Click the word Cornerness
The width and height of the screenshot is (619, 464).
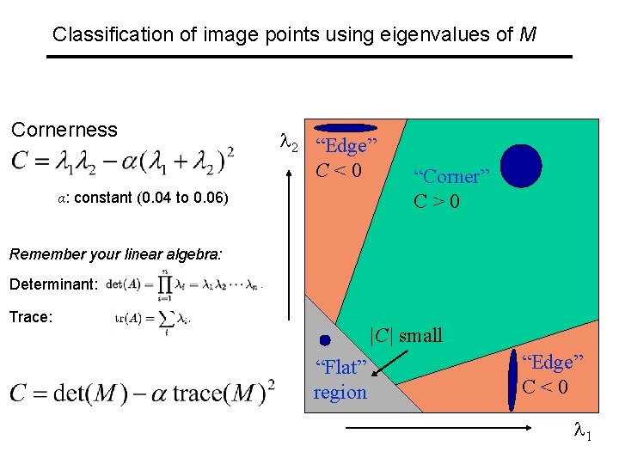pyautogui.click(x=64, y=130)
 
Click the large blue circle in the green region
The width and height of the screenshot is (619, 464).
pyautogui.click(x=521, y=166)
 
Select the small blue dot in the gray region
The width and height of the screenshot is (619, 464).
pyautogui.click(x=325, y=340)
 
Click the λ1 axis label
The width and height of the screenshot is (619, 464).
pyautogui.click(x=582, y=435)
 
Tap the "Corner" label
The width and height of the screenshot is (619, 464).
pyautogui.click(x=450, y=177)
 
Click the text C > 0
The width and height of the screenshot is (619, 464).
pyautogui.click(x=437, y=202)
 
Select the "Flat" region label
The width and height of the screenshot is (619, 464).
pyautogui.click(x=340, y=368)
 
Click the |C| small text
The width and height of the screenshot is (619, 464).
pyautogui.click(x=405, y=335)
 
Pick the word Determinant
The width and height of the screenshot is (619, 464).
pyautogui.click(x=54, y=284)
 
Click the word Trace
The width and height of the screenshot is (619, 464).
pyautogui.click(x=31, y=317)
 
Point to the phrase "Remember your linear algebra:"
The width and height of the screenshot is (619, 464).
pyautogui.click(x=116, y=254)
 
